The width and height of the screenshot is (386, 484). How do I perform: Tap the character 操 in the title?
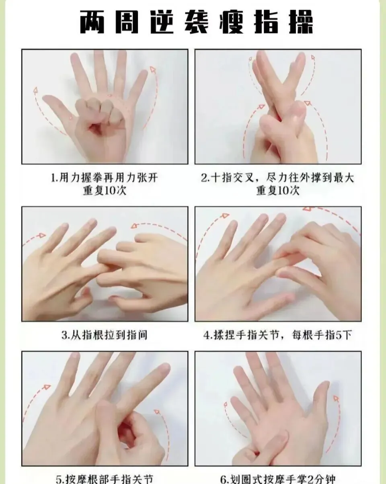tap(301, 22)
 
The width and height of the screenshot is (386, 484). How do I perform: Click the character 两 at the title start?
tap(92, 22)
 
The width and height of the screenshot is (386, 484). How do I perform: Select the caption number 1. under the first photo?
tap(55, 178)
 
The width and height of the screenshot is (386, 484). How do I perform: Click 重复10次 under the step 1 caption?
tap(105, 191)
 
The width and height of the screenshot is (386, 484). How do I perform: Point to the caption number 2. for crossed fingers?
tap(205, 178)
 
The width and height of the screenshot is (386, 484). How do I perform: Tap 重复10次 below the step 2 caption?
tap(278, 191)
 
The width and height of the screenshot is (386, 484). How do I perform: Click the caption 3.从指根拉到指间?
tap(105, 335)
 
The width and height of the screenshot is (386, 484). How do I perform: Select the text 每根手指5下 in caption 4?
tap(321, 335)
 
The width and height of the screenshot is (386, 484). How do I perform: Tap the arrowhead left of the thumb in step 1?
tap(35, 90)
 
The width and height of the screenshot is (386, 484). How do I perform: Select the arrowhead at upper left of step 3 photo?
tap(42, 236)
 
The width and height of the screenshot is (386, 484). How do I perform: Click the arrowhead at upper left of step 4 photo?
tap(225, 215)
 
